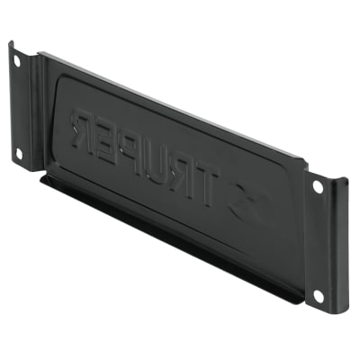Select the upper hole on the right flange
317,187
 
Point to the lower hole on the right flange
317,293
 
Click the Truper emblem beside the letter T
246,205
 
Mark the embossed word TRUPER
144,157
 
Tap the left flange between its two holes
19,108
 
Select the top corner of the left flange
12,42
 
